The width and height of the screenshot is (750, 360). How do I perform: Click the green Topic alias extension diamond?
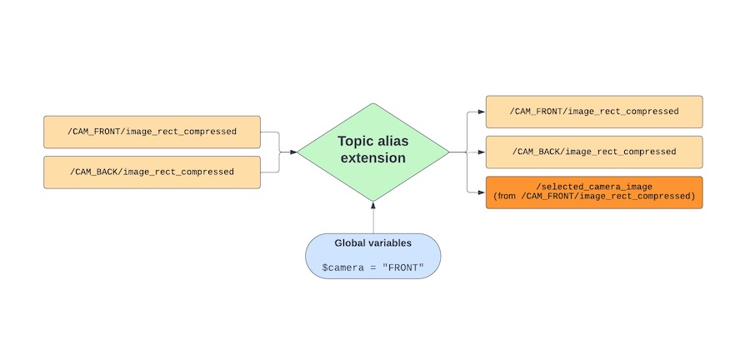tap(372, 179)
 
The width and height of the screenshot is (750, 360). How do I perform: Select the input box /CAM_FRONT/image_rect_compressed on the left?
tap(152, 132)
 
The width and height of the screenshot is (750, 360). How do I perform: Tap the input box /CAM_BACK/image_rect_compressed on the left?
tap(152, 172)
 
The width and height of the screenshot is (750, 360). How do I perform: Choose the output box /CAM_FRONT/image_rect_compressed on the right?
tap(593, 112)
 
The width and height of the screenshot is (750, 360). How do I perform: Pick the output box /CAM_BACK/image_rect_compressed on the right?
tap(593, 152)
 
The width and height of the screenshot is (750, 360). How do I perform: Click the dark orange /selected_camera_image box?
tap(593, 192)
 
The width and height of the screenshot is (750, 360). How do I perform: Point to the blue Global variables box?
tap(372, 256)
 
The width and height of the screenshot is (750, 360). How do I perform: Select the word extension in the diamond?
tap(372, 158)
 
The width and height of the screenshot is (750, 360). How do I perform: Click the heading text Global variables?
tap(372, 243)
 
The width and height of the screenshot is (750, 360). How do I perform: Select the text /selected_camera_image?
tap(593, 185)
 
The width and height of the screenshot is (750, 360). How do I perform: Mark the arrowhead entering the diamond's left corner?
tap(293, 152)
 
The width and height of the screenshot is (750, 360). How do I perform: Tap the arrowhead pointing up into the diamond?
tap(372, 205)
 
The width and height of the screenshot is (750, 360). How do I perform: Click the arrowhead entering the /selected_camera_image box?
tap(482, 192)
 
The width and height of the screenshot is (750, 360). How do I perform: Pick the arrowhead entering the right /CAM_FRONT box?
tap(482, 112)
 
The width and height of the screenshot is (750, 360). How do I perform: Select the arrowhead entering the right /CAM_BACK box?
tap(482, 152)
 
